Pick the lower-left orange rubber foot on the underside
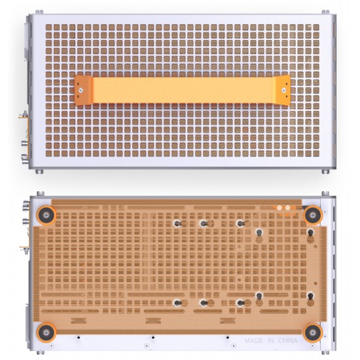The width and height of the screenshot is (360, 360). tap(46, 332)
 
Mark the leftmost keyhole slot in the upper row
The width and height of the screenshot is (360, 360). tap(177, 223)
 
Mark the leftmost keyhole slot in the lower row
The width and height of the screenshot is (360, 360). tap(177, 302)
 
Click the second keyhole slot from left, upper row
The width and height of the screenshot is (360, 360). tap(204, 223)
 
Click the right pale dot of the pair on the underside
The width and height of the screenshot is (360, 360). tap(287, 207)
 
